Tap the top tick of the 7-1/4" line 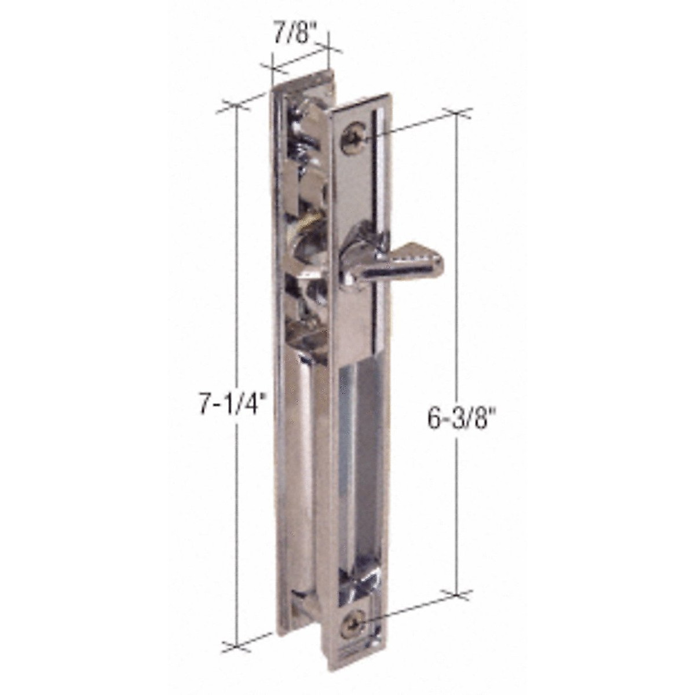pos(236,108)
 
